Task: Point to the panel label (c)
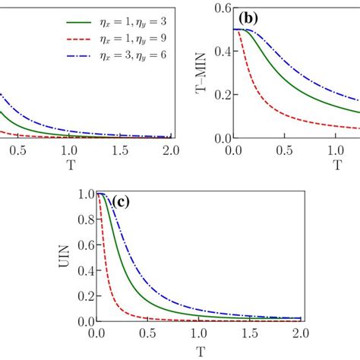click(125, 202)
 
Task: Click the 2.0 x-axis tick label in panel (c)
click(301, 333)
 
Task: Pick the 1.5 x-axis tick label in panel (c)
click(250, 333)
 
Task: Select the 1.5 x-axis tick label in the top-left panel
click(120, 150)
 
